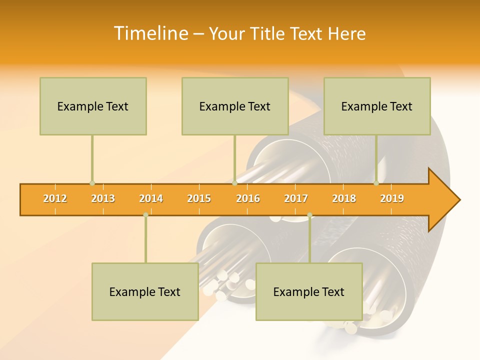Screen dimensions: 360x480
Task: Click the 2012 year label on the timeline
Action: [x=55, y=199]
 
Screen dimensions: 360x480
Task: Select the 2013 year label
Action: [x=103, y=199]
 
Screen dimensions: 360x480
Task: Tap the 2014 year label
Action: [x=151, y=199]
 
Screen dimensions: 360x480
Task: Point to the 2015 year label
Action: [x=199, y=199]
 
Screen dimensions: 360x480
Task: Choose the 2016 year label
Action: [x=248, y=199]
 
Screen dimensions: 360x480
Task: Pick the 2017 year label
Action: [x=296, y=199]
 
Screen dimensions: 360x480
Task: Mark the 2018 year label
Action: [x=344, y=199]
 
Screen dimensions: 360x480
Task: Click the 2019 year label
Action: [x=392, y=199]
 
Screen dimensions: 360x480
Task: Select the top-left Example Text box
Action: [x=93, y=106]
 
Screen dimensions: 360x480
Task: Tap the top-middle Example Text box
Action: [x=235, y=106]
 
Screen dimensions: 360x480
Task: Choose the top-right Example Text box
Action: [x=377, y=106]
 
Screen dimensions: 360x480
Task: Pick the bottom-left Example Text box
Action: [x=145, y=292]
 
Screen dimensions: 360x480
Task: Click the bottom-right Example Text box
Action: [x=309, y=292]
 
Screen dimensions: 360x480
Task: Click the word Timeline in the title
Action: [x=149, y=33]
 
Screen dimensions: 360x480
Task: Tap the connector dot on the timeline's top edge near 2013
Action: [x=92, y=183]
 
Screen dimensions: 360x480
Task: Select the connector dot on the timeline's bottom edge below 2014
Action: [x=145, y=215]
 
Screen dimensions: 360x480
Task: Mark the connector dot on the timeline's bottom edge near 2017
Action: [x=309, y=215]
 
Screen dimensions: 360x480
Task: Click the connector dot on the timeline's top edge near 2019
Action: [x=376, y=183]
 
